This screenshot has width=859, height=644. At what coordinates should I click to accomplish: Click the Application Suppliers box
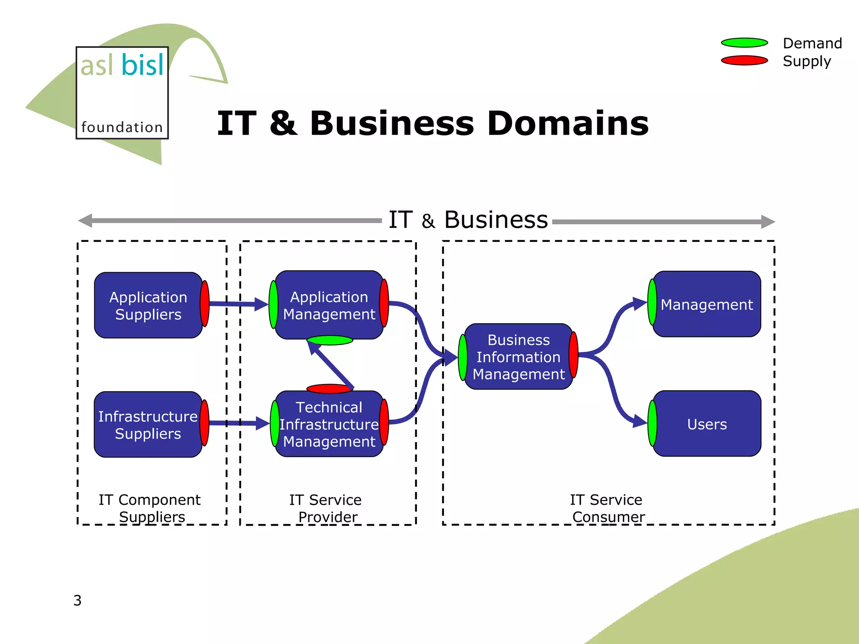148,305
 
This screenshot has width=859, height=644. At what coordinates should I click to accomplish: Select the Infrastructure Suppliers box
148,424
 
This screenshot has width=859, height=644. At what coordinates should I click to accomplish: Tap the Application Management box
329,305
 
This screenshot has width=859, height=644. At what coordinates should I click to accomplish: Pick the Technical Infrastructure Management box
329,424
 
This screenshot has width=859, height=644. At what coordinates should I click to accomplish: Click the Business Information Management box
518,357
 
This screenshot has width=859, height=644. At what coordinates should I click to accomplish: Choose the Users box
707,424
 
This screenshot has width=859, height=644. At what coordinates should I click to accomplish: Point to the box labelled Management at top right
707,304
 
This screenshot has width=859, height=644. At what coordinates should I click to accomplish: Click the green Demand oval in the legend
744,43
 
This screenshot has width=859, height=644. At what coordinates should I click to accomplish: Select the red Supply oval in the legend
744,61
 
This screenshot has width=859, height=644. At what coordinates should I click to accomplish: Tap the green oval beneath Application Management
330,340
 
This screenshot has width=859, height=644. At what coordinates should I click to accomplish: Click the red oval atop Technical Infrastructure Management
329,389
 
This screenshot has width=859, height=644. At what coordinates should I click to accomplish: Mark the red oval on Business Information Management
573,355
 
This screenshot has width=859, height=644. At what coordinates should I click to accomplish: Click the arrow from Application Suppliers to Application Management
237,304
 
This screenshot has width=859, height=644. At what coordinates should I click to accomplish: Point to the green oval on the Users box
652,423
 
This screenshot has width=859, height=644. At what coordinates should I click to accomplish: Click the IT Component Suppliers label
150,508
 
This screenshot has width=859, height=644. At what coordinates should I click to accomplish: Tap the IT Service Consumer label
607,508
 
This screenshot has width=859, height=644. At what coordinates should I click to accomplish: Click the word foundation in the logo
122,127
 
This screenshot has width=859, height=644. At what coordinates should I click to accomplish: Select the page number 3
78,600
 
